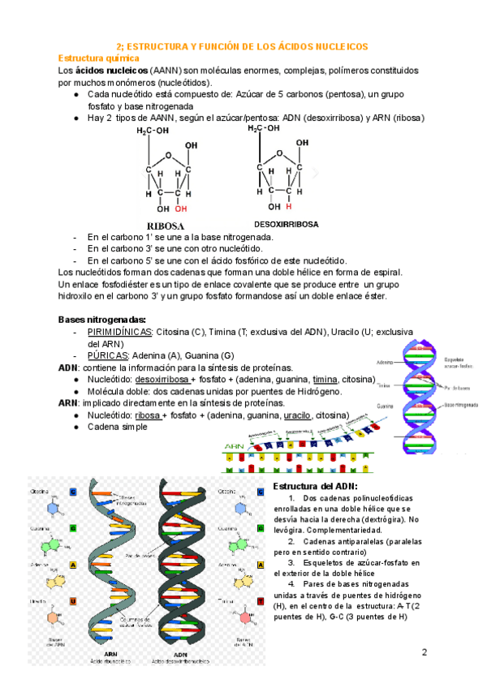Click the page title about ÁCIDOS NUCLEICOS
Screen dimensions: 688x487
[243, 47]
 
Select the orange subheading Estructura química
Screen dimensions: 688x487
[99, 58]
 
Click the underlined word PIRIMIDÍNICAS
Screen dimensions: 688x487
[119, 332]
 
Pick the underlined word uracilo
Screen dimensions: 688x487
[300, 415]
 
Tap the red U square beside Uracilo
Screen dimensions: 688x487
[73, 601]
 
